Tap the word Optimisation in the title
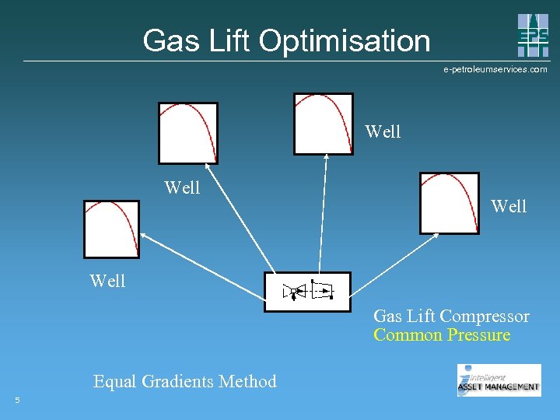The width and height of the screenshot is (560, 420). [345, 40]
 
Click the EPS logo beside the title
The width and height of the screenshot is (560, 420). [533, 36]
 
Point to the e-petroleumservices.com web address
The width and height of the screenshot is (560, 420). [495, 69]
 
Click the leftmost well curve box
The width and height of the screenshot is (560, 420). [111, 229]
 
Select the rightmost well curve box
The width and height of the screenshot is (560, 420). [450, 203]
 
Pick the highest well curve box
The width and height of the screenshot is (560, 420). [323, 124]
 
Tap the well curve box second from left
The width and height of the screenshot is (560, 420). [188, 132]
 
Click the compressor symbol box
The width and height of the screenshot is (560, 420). [307, 292]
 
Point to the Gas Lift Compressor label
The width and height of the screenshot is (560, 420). [451, 317]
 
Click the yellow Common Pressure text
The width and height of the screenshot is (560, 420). [442, 335]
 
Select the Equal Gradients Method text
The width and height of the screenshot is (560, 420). [185, 381]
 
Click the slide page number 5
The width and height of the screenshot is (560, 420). [17, 401]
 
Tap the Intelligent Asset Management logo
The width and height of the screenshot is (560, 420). [499, 380]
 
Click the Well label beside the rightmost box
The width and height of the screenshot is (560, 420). [509, 206]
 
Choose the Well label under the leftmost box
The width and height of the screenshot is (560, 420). [107, 281]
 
